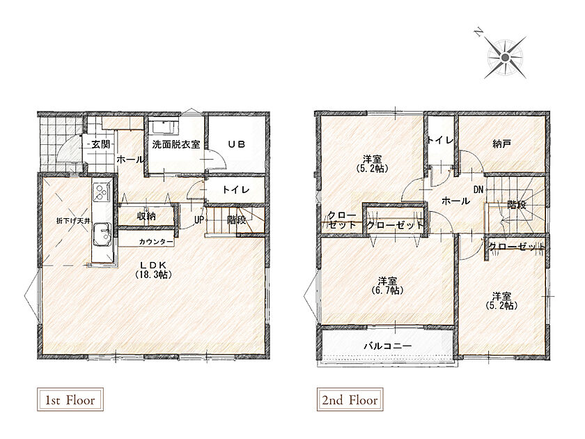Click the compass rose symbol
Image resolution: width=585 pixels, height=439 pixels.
(x=505, y=57)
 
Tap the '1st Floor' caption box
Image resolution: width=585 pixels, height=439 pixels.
(x=70, y=400)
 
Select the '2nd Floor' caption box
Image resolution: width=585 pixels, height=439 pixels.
(x=350, y=400)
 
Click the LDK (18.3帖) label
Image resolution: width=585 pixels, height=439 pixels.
(x=153, y=270)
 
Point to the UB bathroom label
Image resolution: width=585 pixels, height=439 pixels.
(x=237, y=144)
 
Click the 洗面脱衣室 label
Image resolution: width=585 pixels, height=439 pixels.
(x=175, y=144)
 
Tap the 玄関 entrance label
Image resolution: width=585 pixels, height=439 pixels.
(x=101, y=144)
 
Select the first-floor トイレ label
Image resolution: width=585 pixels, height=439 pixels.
(x=236, y=190)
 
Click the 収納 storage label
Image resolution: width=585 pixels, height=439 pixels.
(x=146, y=216)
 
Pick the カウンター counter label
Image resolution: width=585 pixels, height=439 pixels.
(x=156, y=242)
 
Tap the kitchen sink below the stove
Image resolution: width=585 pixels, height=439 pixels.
(x=102, y=234)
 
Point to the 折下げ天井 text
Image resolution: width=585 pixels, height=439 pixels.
(x=73, y=221)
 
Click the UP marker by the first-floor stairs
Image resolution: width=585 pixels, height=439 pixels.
(x=199, y=220)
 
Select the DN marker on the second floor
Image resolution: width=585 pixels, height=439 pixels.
(x=478, y=190)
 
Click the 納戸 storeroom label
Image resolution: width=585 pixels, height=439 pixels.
(x=502, y=144)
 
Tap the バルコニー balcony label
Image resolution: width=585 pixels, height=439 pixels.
(x=388, y=346)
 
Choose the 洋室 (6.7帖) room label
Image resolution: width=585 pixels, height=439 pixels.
(x=387, y=285)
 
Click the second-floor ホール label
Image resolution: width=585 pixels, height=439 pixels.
(x=455, y=201)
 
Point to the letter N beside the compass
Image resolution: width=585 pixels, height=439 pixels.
(x=478, y=33)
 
